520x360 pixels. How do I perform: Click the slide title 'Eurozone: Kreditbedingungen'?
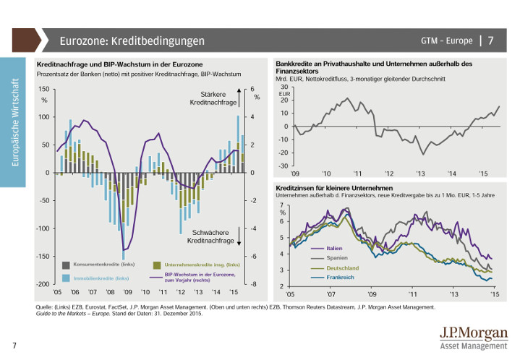coord(132,40)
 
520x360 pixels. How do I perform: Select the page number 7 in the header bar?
coord(491,40)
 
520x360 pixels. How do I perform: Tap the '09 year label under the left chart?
coord(127,293)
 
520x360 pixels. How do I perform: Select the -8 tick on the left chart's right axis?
coord(252,285)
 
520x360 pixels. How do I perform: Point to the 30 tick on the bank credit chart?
coord(284,87)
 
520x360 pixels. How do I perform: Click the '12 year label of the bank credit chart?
coord(389,174)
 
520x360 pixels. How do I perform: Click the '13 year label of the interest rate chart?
coord(453,295)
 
